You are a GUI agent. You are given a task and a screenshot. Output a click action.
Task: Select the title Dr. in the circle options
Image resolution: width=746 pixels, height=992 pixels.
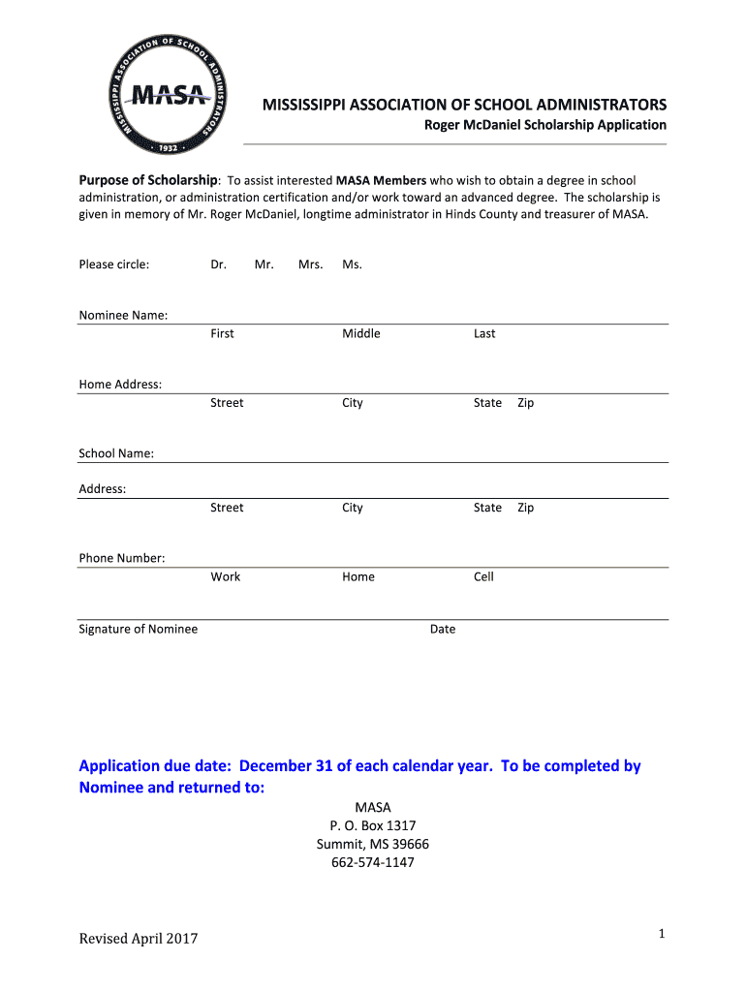218,264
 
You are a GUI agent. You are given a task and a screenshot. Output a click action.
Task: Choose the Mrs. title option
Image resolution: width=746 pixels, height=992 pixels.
310,264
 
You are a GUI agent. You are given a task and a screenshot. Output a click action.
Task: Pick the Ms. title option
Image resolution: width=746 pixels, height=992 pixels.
352,264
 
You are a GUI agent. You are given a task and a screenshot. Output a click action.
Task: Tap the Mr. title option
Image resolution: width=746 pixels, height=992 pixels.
264,264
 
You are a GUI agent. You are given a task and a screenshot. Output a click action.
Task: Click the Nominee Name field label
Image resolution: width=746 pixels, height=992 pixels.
123,315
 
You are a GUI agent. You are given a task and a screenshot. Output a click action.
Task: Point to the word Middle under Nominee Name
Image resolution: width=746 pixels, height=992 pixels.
360,333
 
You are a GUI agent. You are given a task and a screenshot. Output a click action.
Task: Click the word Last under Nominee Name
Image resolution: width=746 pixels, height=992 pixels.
484,333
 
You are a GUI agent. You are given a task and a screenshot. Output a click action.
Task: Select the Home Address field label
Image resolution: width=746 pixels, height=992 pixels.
120,385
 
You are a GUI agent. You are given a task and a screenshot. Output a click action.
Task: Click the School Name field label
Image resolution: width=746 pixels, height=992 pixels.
116,453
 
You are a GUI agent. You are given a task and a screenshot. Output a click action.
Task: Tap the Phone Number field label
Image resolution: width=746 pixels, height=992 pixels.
122,558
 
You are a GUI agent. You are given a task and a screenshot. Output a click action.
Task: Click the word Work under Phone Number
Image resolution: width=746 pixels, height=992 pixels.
226,576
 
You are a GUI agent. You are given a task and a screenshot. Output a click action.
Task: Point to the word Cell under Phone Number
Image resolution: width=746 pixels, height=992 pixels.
483,576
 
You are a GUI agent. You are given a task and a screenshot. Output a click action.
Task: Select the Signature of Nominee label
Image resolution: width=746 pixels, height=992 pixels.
138,629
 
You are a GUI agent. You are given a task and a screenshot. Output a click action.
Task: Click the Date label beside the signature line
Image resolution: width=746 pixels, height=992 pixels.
443,629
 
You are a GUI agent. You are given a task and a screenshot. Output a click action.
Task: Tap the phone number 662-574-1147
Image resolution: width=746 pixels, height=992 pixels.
373,862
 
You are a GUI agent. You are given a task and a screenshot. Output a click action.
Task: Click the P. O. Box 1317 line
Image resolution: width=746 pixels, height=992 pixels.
373,825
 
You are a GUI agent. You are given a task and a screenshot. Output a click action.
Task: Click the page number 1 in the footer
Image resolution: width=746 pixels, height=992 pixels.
660,934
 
